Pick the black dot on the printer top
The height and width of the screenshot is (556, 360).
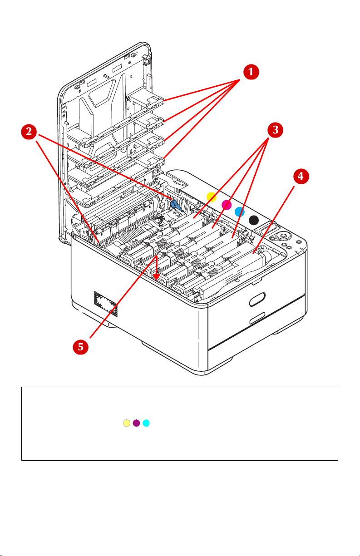point(254,220)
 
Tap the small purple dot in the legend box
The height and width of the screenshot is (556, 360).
point(136,423)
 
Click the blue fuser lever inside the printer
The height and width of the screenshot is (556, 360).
point(176,206)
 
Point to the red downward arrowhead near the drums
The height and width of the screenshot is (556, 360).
point(157,275)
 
